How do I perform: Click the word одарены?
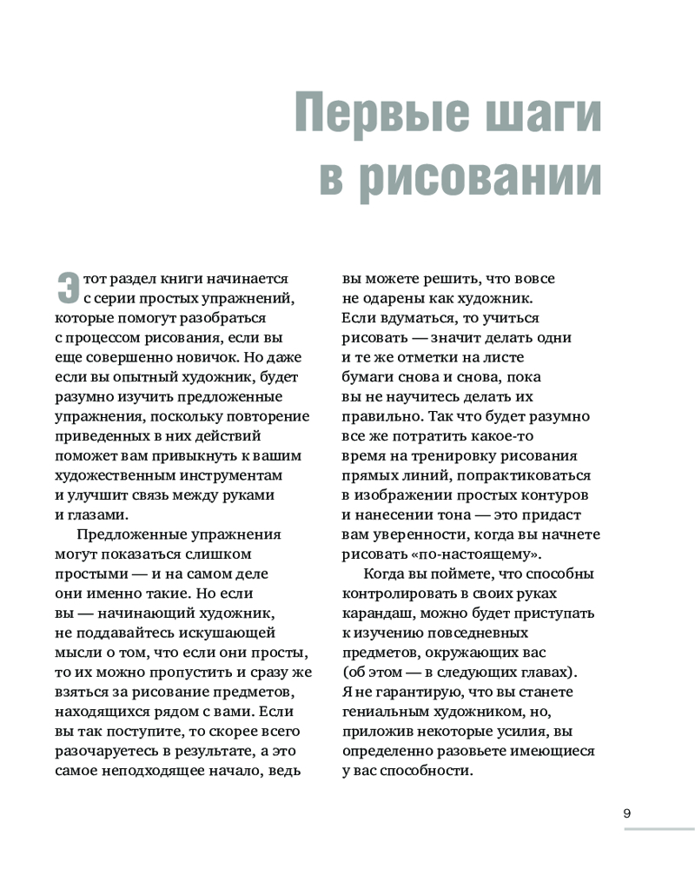pyautogui.click(x=386, y=298)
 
